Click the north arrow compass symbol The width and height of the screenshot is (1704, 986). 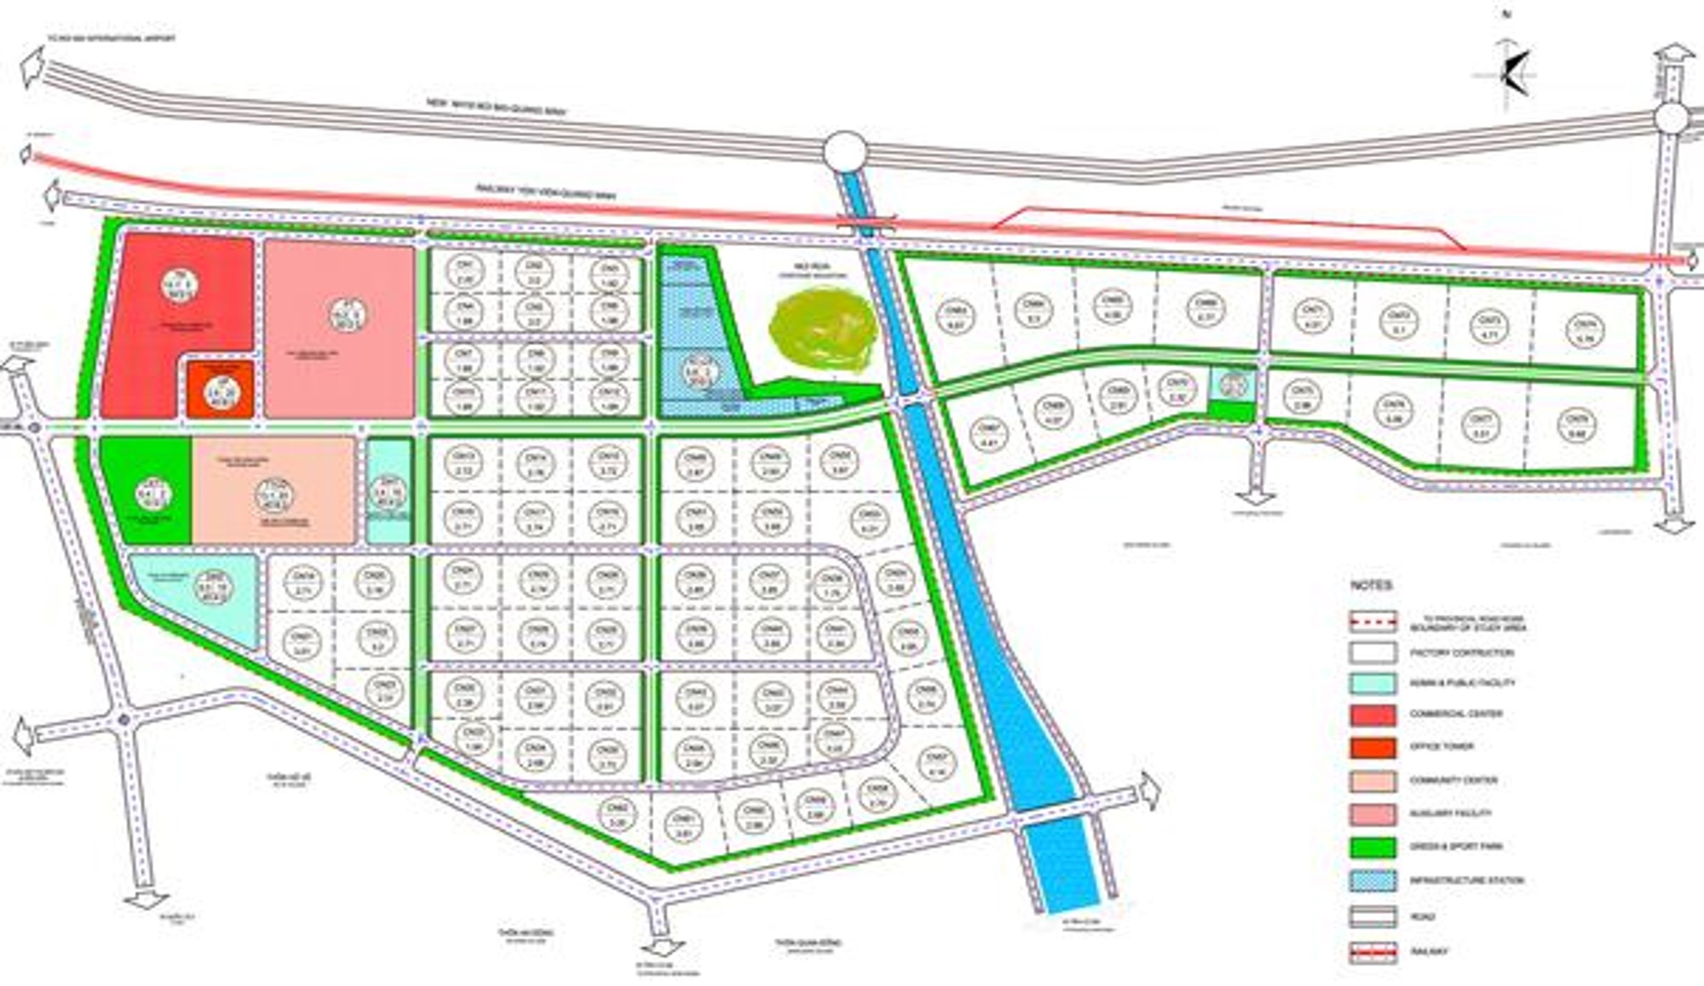pos(1514,72)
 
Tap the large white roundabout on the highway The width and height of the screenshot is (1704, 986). pos(844,153)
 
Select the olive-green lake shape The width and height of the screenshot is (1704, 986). pos(822,330)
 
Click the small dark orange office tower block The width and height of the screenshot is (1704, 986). pos(220,390)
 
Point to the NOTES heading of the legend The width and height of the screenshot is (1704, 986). pos(1371,586)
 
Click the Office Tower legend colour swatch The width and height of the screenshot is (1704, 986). pos(1373,748)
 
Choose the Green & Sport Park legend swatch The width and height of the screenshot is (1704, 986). pos(1373,847)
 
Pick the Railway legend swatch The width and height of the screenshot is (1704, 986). pos(1373,952)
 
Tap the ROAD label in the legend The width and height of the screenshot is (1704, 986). pos(1422,917)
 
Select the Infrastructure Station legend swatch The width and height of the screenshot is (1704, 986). pos(1373,880)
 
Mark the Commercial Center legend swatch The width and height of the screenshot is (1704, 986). pos(1373,714)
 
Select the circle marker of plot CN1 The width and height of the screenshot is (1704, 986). pos(465,272)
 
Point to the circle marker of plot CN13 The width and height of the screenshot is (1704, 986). pos(464,462)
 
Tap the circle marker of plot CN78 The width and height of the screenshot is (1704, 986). pos(1573,424)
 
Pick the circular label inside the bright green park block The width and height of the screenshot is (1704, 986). pos(153,494)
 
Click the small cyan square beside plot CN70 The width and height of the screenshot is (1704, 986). pos(1232,385)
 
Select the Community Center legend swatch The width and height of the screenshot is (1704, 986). pos(1373,781)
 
